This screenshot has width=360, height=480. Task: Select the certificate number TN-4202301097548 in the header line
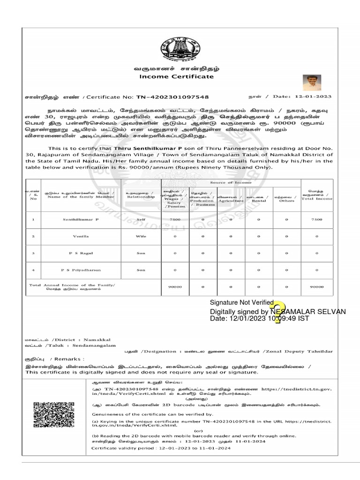point(172,97)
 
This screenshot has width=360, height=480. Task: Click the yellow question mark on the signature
point(279,313)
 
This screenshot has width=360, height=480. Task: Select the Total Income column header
point(317,196)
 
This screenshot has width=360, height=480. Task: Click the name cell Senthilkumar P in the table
point(81,219)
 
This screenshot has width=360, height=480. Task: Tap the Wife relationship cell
point(141,237)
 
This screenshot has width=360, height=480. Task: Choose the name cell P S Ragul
point(81,253)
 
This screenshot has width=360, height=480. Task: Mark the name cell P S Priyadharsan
point(81,270)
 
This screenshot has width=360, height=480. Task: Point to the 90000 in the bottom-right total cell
point(317,287)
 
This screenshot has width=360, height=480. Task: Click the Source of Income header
point(231,182)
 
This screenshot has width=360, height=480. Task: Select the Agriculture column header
point(231,198)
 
